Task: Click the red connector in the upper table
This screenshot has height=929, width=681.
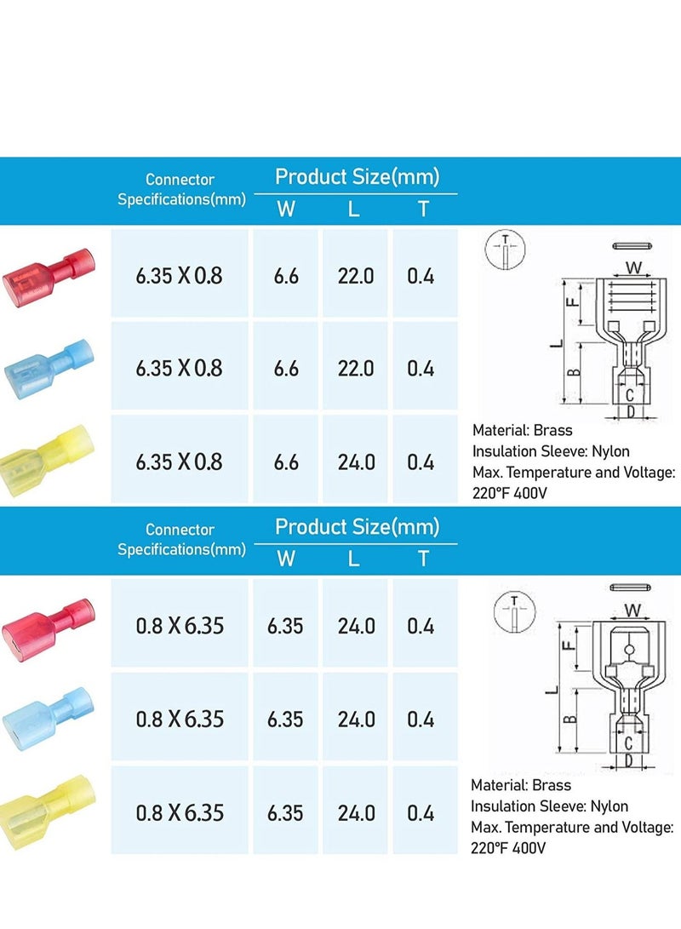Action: (49, 277)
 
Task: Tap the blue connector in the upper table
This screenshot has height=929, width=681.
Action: (49, 369)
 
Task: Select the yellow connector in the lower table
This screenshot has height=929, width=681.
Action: (48, 811)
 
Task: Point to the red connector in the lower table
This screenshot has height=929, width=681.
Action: (49, 628)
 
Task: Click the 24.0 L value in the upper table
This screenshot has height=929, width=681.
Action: (356, 462)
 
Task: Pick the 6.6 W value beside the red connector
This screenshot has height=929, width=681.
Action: (286, 276)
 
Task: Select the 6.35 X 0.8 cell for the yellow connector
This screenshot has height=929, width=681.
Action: (179, 462)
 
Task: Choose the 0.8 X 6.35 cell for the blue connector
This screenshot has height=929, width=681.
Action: (180, 720)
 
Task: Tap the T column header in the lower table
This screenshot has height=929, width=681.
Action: (423, 559)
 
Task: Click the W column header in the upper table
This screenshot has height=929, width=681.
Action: (286, 209)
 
